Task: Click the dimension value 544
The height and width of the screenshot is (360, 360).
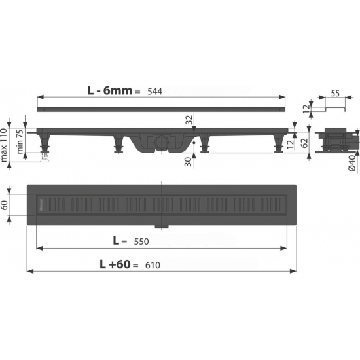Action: click(154, 92)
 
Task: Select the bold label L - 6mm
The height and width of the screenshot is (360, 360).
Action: click(110, 91)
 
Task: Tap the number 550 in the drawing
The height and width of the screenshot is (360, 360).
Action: click(141, 242)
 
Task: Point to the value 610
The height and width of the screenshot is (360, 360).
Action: click(153, 265)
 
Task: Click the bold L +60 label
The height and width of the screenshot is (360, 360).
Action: click(115, 264)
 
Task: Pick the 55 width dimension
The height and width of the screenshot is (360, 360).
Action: click(335, 94)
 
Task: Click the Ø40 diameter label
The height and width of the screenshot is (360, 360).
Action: click(352, 162)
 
